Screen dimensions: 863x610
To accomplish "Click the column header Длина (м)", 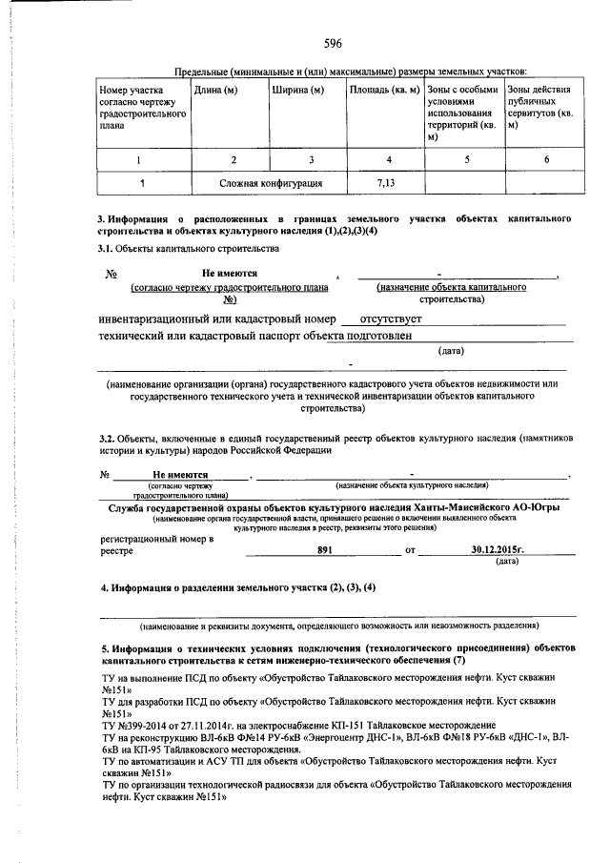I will (215, 91).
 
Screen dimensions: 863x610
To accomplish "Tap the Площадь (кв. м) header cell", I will (384, 91).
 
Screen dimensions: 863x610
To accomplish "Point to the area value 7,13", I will (384, 182).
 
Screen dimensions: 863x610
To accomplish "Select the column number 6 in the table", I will (546, 160).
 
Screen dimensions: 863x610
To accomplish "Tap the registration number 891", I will (325, 550).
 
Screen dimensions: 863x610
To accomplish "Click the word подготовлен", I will (366, 336).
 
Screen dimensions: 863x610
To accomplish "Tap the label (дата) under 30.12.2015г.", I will (508, 562).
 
